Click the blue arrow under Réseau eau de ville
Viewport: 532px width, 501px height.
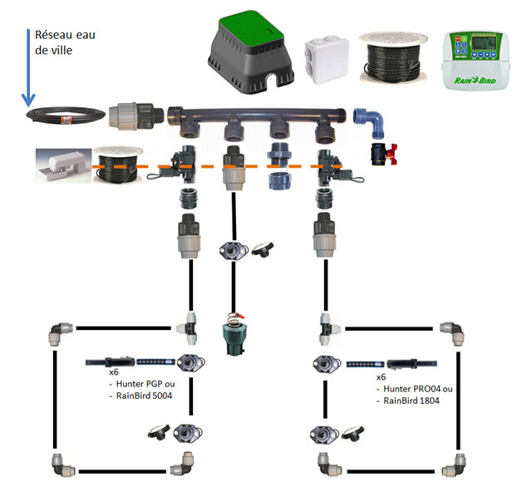[x=28, y=66]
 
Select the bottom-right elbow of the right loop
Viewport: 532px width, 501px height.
[x=456, y=462]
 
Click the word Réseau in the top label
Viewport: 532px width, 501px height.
[x=52, y=35]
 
